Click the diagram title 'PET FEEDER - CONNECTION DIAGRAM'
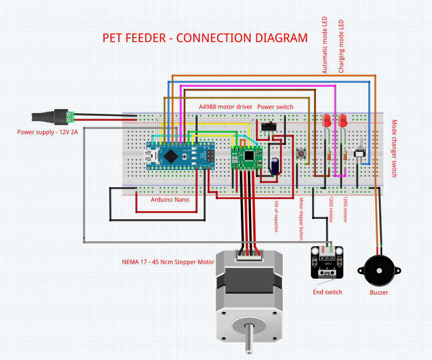[205, 39]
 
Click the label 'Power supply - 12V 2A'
[48, 132]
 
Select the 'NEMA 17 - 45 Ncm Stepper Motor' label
[168, 262]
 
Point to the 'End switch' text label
[327, 292]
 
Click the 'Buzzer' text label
[379, 293]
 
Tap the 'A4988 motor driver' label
[225, 107]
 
